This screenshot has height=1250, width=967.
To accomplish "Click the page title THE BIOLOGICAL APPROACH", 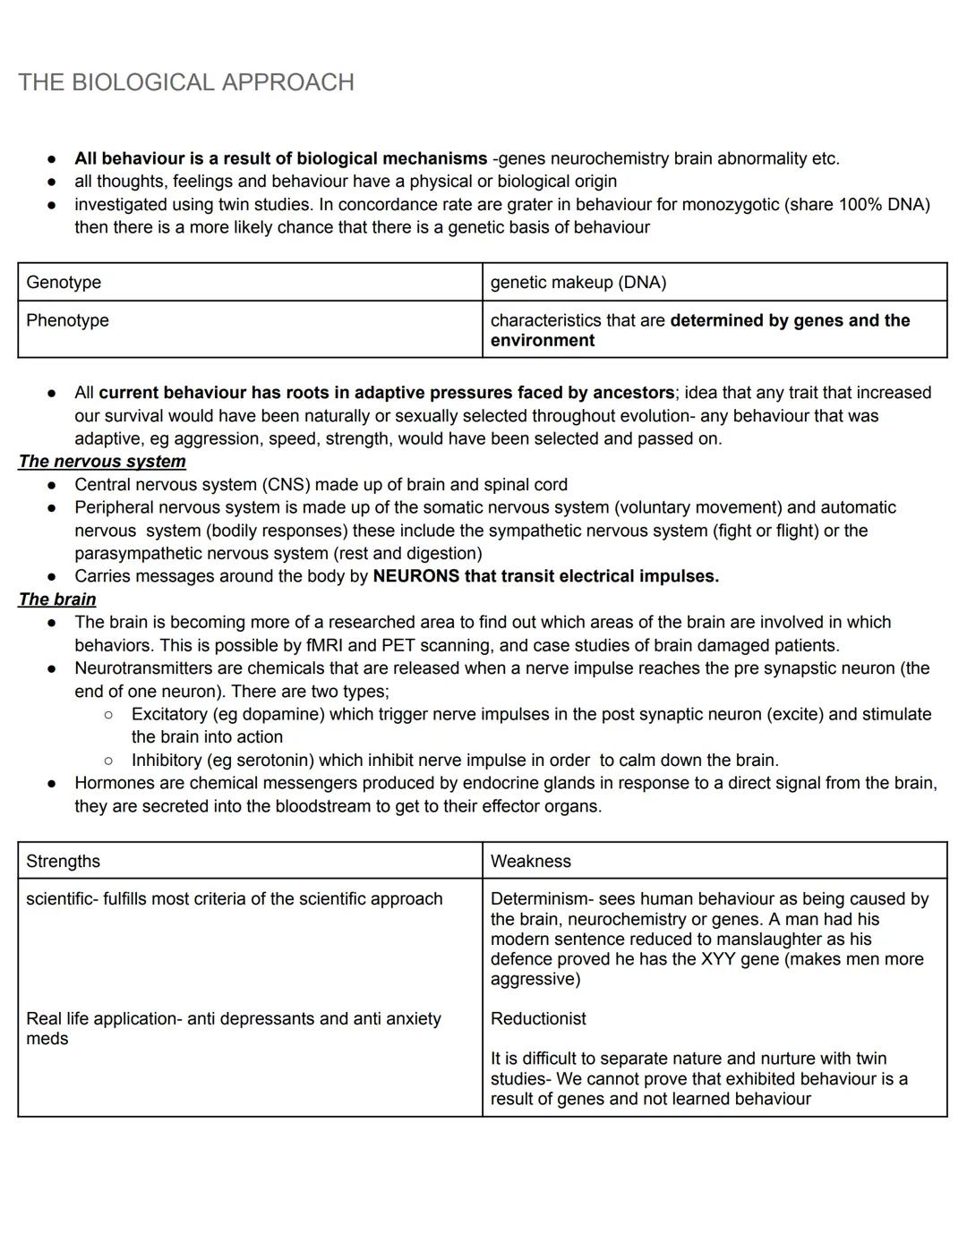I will pyautogui.click(x=186, y=82).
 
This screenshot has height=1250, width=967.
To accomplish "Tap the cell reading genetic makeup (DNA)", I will pyautogui.click(x=578, y=283).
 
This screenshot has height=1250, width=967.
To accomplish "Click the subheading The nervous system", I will pyautogui.click(x=102, y=462).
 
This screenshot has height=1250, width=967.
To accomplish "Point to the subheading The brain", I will pyautogui.click(x=57, y=599).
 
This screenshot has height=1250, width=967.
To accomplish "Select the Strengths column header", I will pyautogui.click(x=63, y=862).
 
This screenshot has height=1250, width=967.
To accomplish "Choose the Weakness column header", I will pyautogui.click(x=530, y=862).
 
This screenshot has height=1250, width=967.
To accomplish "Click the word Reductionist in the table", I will pyautogui.click(x=538, y=1019).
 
